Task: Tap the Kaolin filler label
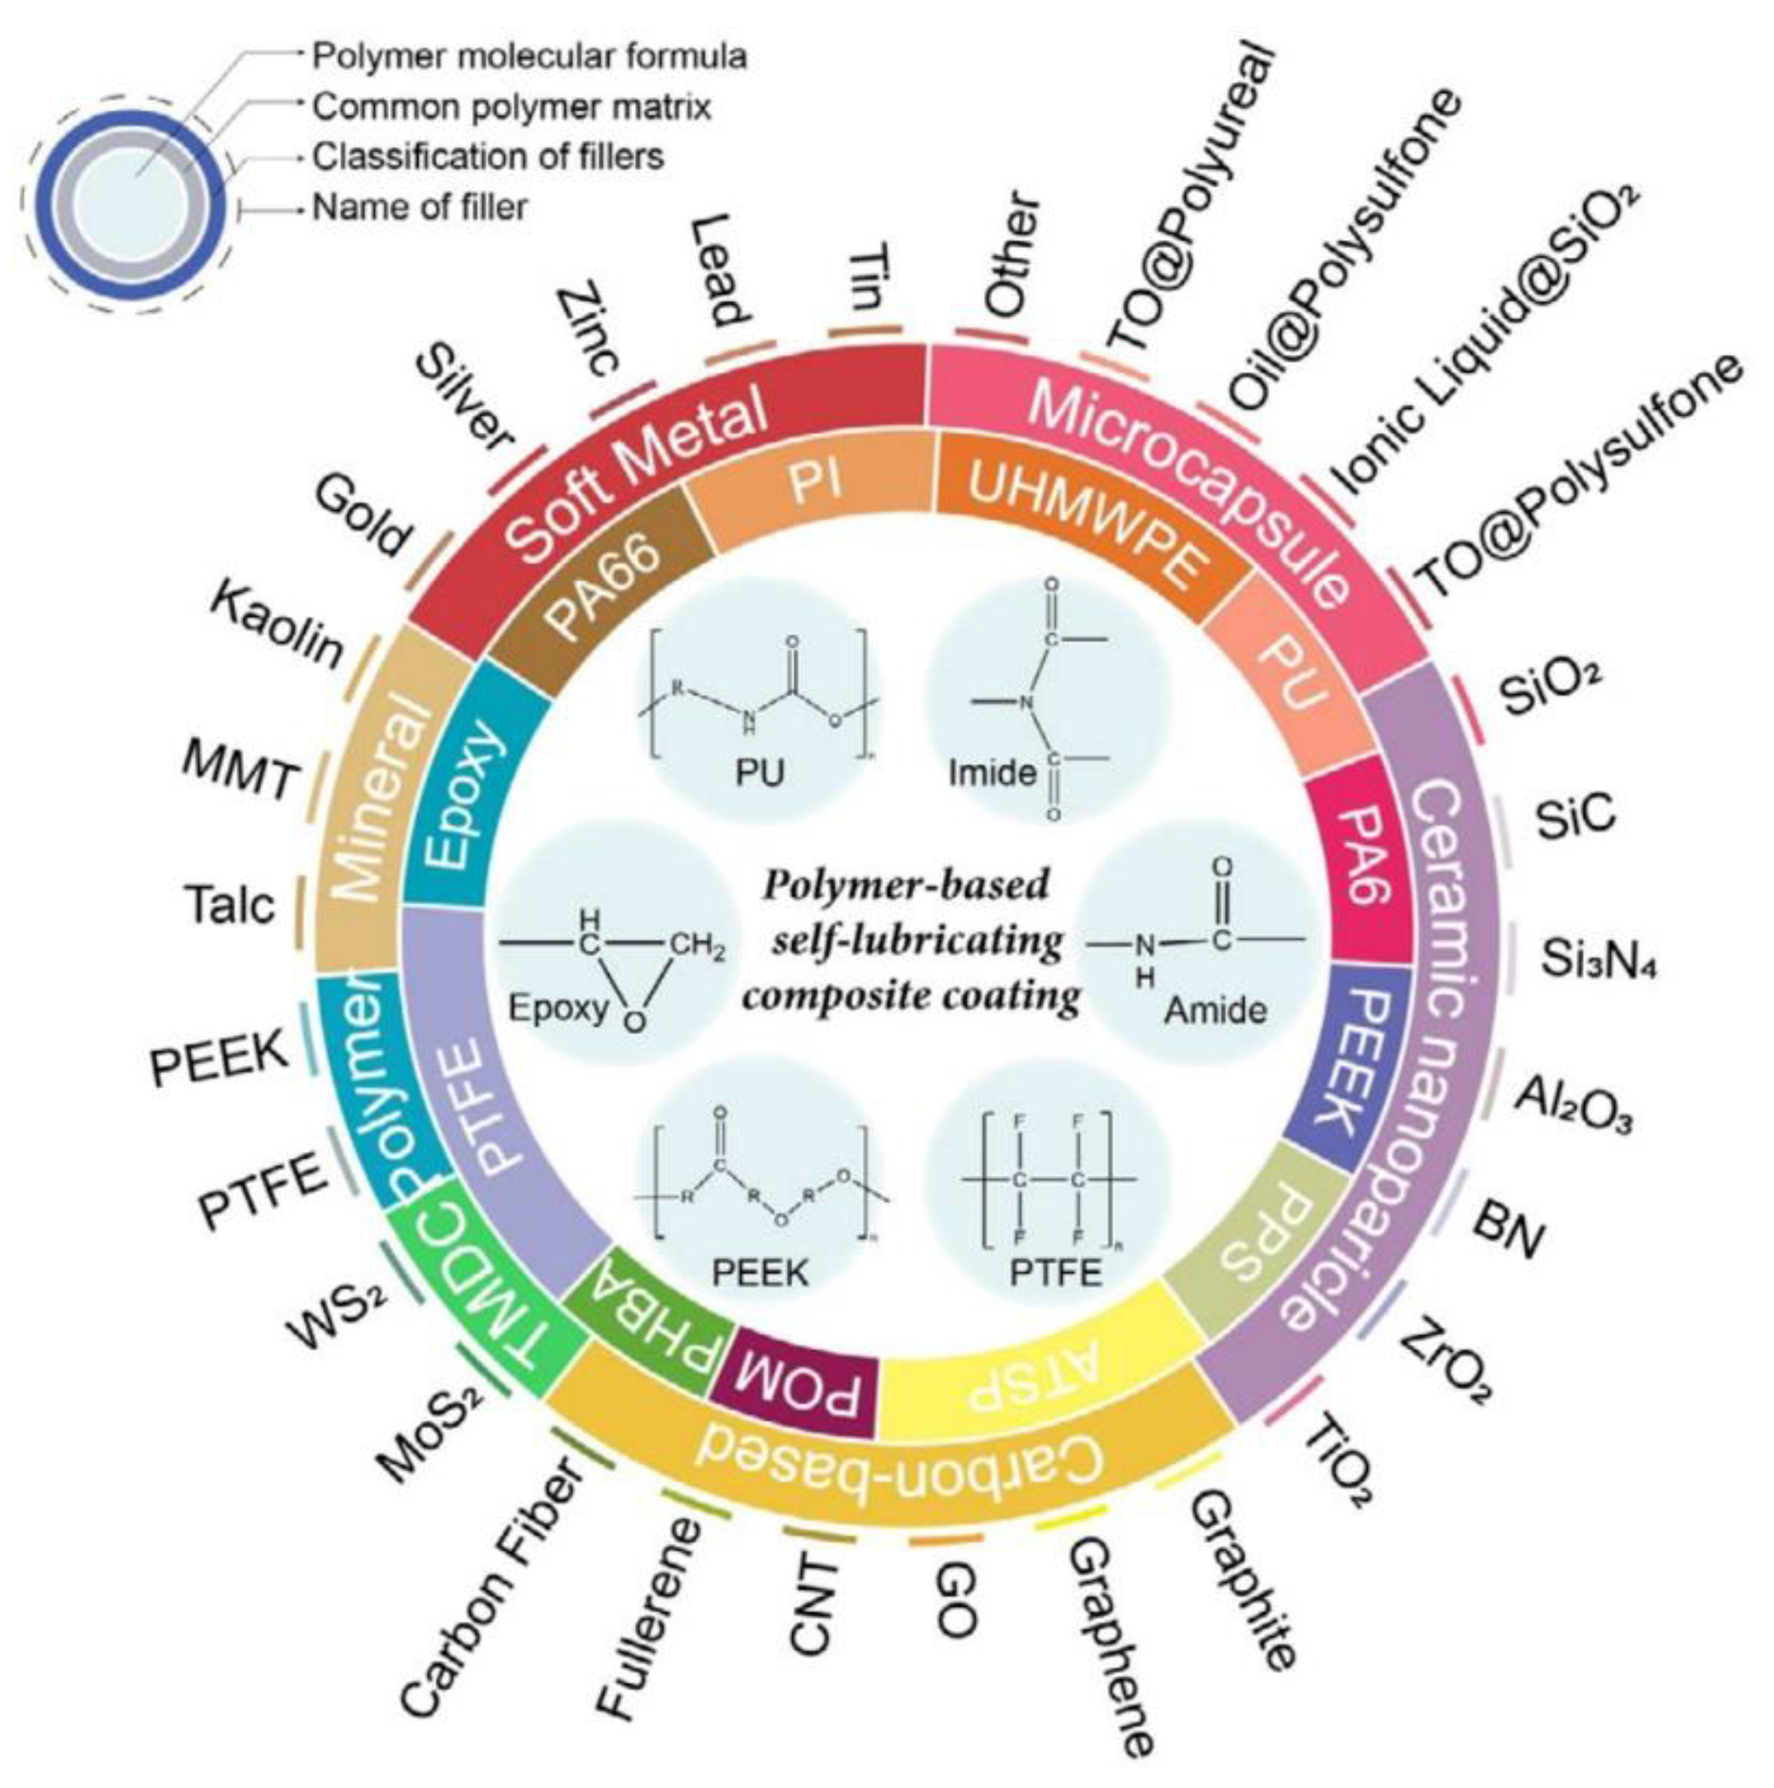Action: point(277,627)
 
